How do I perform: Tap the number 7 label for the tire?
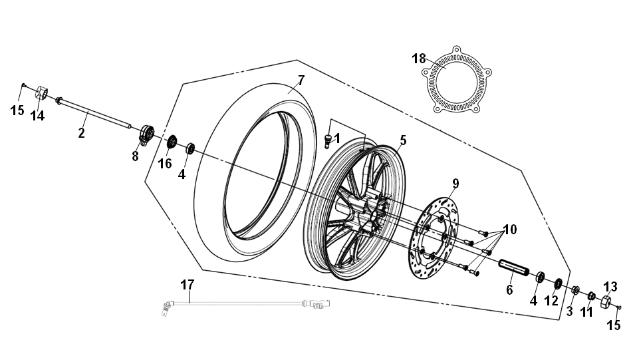pyautogui.click(x=301, y=81)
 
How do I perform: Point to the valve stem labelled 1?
pyautogui.click(x=327, y=141)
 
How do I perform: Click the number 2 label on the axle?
pyautogui.click(x=81, y=133)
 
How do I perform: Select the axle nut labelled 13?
pyautogui.click(x=606, y=302)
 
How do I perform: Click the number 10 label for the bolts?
pyautogui.click(x=509, y=230)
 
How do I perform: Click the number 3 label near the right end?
pyautogui.click(x=570, y=311)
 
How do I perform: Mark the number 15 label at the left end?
pyautogui.click(x=17, y=110)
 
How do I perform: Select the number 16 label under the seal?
pyautogui.click(x=164, y=163)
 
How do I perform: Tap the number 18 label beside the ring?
pyautogui.click(x=418, y=59)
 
